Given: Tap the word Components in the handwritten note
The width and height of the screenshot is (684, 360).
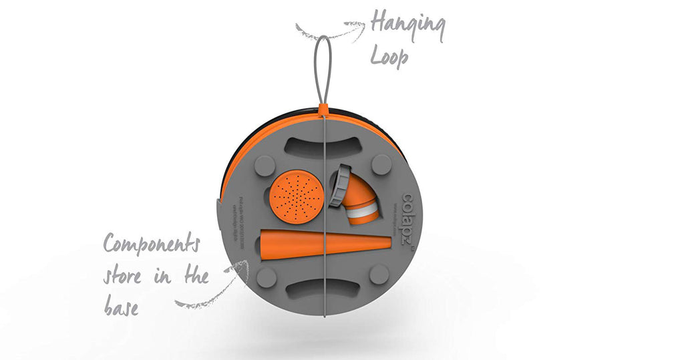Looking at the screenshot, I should [x=151, y=245].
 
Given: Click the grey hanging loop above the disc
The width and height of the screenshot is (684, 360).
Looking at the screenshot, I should [x=323, y=67].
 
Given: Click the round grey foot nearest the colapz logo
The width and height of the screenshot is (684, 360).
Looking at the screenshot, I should [x=381, y=164].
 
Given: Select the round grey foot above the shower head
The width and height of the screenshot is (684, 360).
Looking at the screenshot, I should [x=265, y=164].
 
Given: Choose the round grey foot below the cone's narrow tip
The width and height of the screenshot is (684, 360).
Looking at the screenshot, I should [x=379, y=274].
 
